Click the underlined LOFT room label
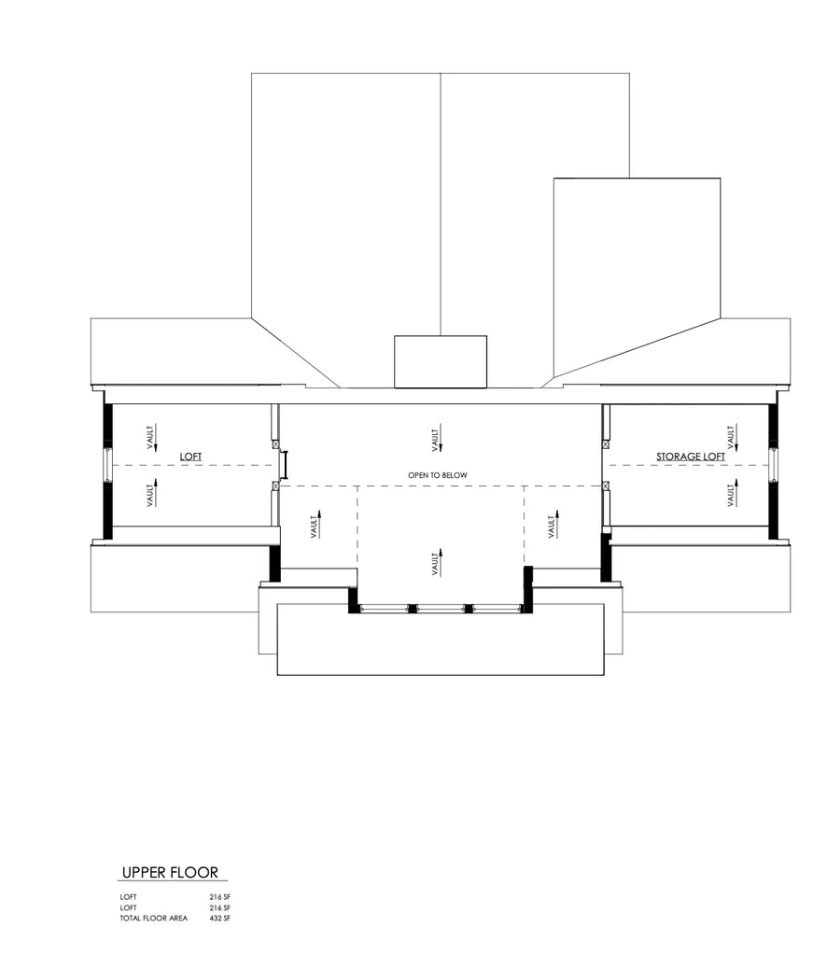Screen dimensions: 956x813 pyautogui.click(x=190, y=457)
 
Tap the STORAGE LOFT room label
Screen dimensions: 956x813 pyautogui.click(x=689, y=457)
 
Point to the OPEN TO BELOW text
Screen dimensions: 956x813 pyautogui.click(x=437, y=475)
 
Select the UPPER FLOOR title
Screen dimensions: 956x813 pyautogui.click(x=170, y=873)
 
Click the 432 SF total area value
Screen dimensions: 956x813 pyautogui.click(x=219, y=919)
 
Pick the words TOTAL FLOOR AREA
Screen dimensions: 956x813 pyautogui.click(x=153, y=919)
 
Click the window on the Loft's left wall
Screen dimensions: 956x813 pyautogui.click(x=107, y=464)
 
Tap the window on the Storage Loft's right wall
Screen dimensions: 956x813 pyautogui.click(x=773, y=464)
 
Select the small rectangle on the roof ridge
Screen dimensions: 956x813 pyautogui.click(x=441, y=361)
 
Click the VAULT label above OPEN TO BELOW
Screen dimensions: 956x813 pyautogui.click(x=436, y=437)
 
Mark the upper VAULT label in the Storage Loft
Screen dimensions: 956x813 pyautogui.click(x=731, y=434)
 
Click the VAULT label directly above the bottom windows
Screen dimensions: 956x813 pyautogui.click(x=436, y=563)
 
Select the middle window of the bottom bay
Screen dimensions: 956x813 pyautogui.click(x=439, y=609)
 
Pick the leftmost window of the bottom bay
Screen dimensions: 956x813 pyautogui.click(x=384, y=609)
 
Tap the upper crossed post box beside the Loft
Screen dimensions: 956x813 pyautogui.click(x=275, y=443)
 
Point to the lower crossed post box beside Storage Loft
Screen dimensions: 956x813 pyautogui.click(x=606, y=485)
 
